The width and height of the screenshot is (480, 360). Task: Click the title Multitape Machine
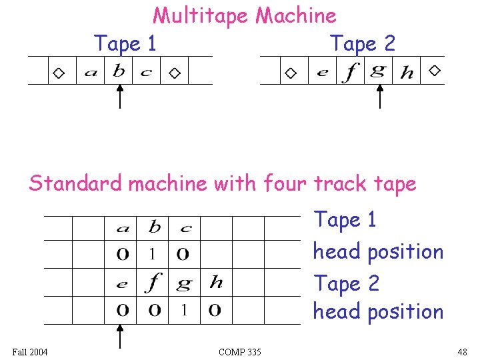(x=244, y=15)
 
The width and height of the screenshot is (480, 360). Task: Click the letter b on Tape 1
(x=119, y=71)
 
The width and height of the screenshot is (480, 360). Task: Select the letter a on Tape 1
(x=91, y=73)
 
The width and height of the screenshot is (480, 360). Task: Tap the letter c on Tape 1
(x=146, y=73)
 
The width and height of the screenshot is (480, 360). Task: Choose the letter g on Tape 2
(x=377, y=71)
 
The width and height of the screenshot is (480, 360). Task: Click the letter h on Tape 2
(x=406, y=72)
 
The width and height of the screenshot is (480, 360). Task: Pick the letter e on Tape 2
(x=322, y=73)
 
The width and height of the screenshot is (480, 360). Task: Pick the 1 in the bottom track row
(x=185, y=310)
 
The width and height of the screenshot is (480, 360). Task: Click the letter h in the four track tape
(x=216, y=281)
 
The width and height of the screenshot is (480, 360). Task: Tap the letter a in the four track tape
(x=122, y=229)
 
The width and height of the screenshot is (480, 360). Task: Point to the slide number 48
(x=463, y=351)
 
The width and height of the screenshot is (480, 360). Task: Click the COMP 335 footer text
(x=239, y=351)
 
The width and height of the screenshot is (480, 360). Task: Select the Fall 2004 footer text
(x=30, y=351)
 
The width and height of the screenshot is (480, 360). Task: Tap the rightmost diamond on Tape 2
(x=435, y=70)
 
